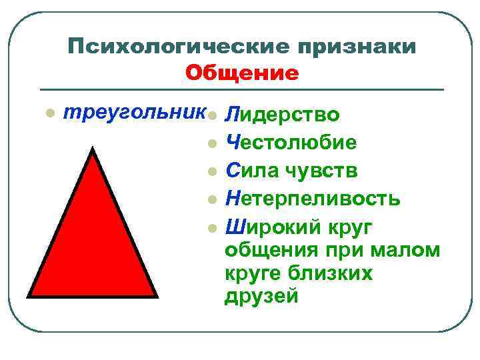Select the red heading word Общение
242,72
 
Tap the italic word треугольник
133,112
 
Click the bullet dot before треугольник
48,113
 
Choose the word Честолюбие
291,141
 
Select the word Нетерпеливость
313,199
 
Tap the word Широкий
271,227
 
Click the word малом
408,250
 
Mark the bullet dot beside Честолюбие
211,142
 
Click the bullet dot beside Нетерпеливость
211,199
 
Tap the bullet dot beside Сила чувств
211,171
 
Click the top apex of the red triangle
93,149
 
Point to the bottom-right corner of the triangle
157,295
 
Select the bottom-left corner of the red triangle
29,295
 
